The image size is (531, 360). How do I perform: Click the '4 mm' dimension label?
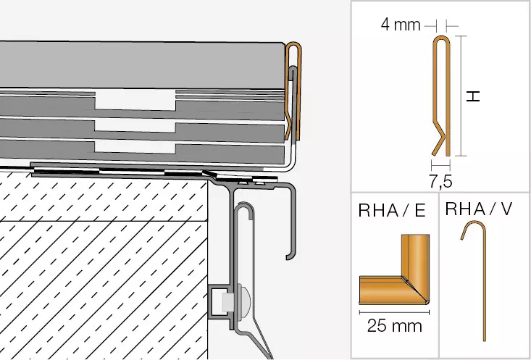(401, 25)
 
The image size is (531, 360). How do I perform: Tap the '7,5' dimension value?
(440, 182)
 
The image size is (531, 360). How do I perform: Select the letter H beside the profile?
(473, 97)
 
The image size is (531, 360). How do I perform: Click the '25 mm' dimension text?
(395, 326)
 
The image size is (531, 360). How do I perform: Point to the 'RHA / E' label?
(391, 211)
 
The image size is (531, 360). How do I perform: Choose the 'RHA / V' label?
(479, 209)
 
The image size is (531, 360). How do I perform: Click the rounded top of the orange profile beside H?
(442, 38)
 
